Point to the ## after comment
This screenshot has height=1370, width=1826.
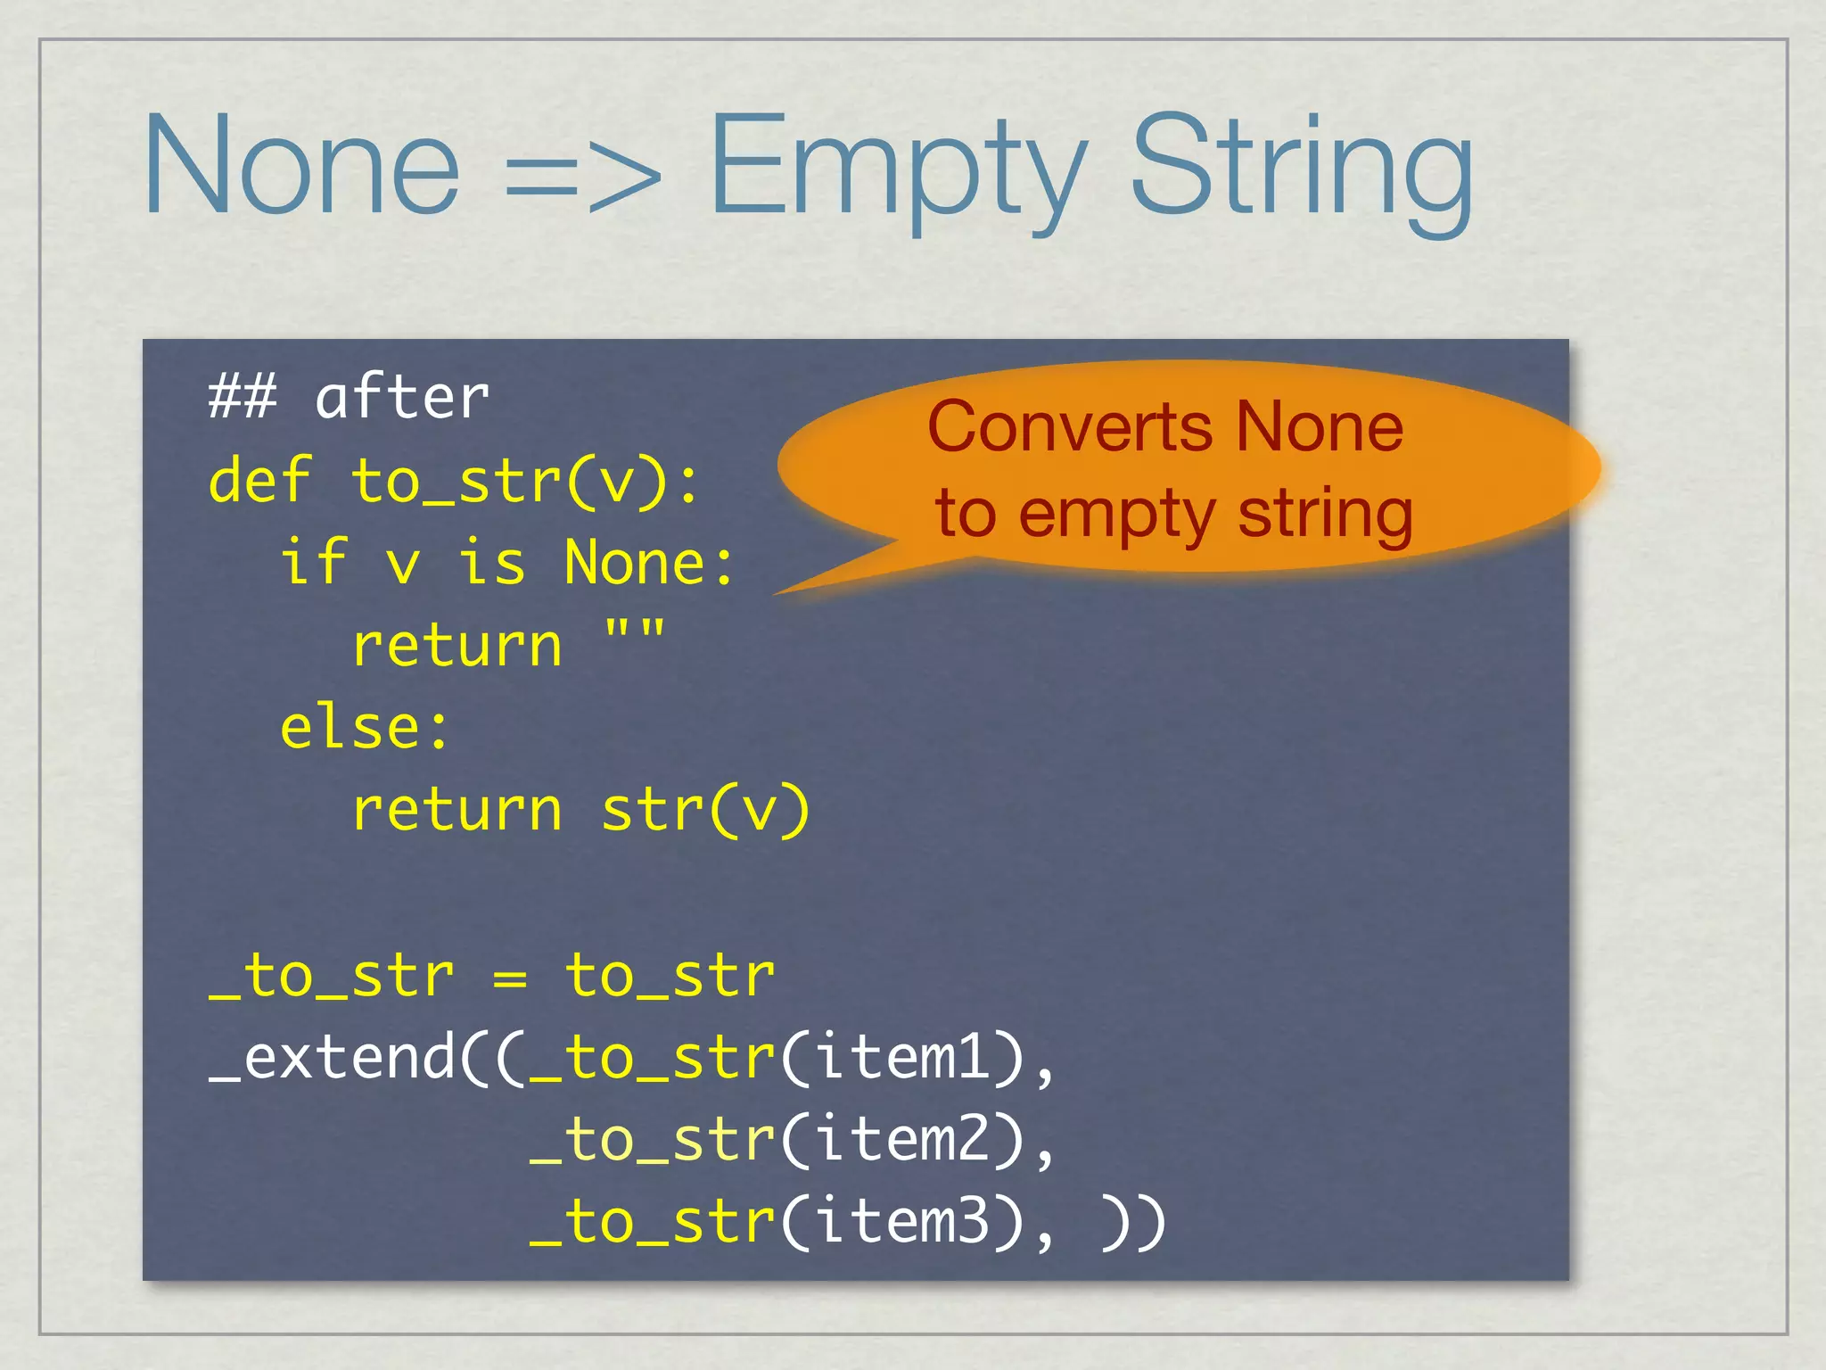point(349,398)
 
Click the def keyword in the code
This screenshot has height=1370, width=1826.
point(259,481)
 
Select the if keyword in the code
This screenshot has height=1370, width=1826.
point(313,563)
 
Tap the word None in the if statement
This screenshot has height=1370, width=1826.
point(636,563)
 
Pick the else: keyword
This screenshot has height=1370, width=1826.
point(365,728)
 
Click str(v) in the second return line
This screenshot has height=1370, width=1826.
point(705,810)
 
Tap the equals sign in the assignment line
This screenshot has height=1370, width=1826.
point(509,977)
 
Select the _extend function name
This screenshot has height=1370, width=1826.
point(332,1059)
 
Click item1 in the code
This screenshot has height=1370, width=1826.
point(902,1057)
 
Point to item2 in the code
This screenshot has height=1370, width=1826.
point(902,1140)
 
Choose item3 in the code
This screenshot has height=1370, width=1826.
point(902,1222)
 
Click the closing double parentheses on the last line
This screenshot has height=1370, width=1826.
point(1133,1224)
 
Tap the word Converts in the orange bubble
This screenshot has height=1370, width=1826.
point(1070,427)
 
